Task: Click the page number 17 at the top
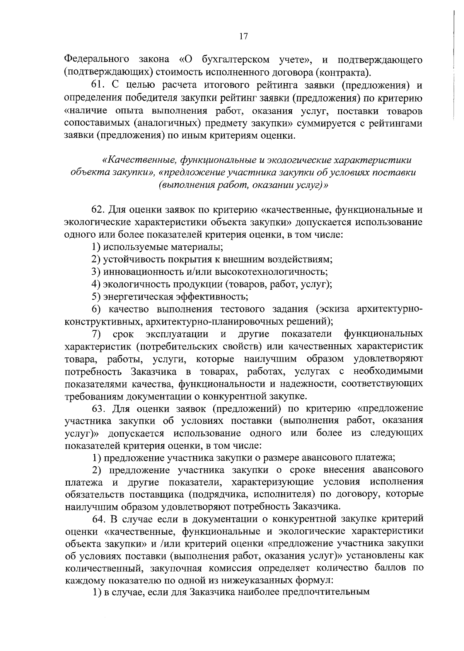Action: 243,37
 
